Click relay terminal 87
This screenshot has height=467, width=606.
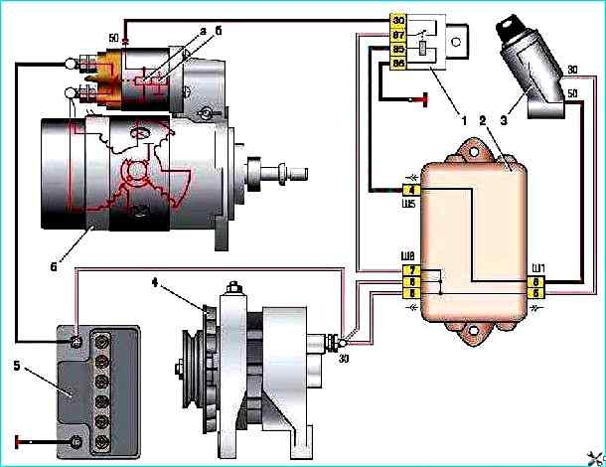(399, 34)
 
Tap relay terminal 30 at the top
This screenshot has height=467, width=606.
(399, 20)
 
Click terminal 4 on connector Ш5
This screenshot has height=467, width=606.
(412, 190)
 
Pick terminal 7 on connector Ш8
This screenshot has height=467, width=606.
(412, 270)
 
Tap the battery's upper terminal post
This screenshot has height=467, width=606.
(76, 343)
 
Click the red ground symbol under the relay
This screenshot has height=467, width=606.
(425, 99)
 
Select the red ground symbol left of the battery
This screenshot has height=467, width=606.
(17, 439)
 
